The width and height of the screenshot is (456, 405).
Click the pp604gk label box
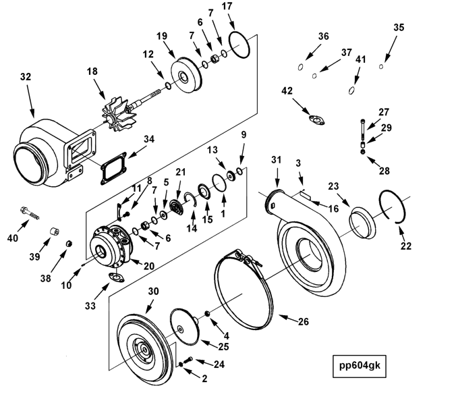(x=359, y=366)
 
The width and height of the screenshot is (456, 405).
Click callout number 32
(x=26, y=76)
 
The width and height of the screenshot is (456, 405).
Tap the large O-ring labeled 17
(x=239, y=45)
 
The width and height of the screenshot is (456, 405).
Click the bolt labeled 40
(x=30, y=213)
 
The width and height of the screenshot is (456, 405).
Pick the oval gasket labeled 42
(x=316, y=120)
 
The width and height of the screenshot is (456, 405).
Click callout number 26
(x=303, y=321)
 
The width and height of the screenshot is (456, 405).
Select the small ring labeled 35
(x=381, y=67)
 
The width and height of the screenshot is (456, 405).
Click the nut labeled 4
(x=207, y=313)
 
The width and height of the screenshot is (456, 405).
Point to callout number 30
(x=154, y=291)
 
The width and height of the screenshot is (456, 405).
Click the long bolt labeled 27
(x=363, y=130)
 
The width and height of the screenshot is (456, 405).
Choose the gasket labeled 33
(x=116, y=277)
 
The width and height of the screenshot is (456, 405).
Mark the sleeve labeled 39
(x=54, y=232)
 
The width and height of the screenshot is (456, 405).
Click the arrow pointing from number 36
(x=313, y=53)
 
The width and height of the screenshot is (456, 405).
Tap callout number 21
(x=180, y=172)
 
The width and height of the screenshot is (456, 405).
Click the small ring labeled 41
(x=351, y=90)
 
